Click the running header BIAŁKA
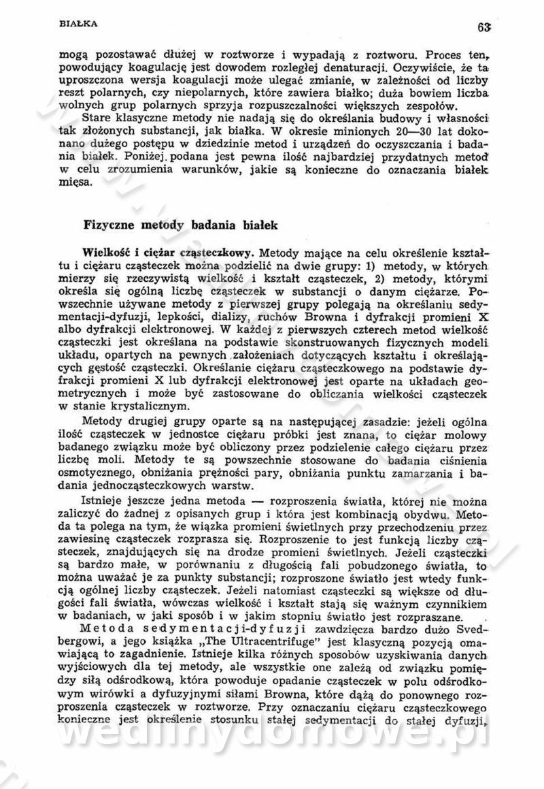[x=78, y=23]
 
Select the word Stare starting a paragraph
[x=96, y=116]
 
